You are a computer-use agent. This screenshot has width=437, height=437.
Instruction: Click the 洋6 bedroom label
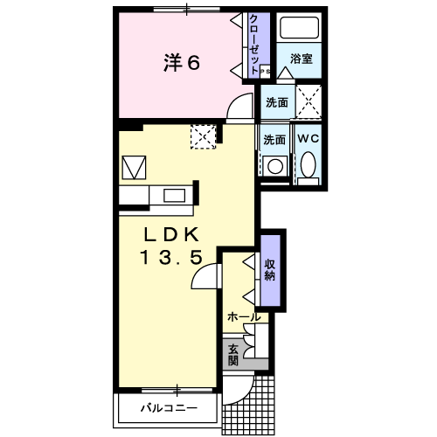tap(182, 62)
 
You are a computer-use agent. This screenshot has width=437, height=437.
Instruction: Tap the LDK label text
tap(171, 234)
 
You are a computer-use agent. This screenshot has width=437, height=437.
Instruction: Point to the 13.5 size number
tap(171, 257)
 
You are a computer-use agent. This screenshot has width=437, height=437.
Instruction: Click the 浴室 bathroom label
tap(302, 59)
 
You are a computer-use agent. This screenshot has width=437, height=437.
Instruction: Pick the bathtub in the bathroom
tap(299, 28)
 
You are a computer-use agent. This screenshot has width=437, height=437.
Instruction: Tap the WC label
tap(309, 139)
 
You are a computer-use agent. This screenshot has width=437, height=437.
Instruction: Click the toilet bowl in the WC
tap(309, 164)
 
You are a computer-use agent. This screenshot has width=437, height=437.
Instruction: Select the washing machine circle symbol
tap(275, 166)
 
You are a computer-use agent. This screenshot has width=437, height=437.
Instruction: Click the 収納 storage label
tap(270, 269)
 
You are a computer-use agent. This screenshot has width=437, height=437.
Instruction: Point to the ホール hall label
tap(244, 317)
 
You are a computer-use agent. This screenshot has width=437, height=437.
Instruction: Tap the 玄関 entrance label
tap(233, 355)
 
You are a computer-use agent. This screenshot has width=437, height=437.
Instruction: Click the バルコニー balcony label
tap(169, 408)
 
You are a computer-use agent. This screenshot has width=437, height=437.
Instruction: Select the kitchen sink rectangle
tap(174, 196)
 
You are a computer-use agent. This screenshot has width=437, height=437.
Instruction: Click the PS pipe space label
tap(265, 71)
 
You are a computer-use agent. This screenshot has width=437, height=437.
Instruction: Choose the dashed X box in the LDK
tap(204, 136)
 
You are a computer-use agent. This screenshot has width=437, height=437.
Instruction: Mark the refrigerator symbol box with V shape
tap(134, 168)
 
